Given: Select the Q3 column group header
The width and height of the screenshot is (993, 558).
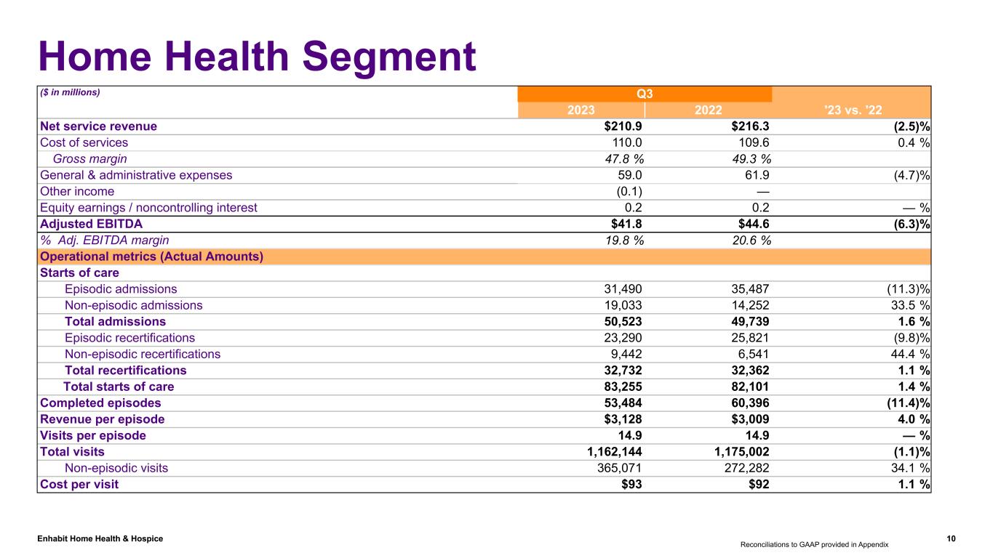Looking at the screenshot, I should tap(645, 94).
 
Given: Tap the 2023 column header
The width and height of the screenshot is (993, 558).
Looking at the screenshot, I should tap(581, 110).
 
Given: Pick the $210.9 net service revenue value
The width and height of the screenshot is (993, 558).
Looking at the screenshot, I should tap(618, 126).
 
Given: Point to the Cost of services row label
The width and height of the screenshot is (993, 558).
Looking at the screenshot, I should tap(84, 142).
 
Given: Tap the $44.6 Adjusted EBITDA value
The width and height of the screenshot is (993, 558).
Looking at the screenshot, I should tap(749, 224).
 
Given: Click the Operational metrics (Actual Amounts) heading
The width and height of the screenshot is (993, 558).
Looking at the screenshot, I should tap(151, 256).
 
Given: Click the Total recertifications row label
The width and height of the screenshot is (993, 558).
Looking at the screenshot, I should tap(125, 370).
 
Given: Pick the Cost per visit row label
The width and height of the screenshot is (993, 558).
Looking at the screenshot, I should tap(79, 484).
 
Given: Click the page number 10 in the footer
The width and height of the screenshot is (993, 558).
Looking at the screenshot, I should tap(952, 538).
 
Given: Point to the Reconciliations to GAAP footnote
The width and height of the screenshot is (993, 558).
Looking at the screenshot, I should tap(815, 543).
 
